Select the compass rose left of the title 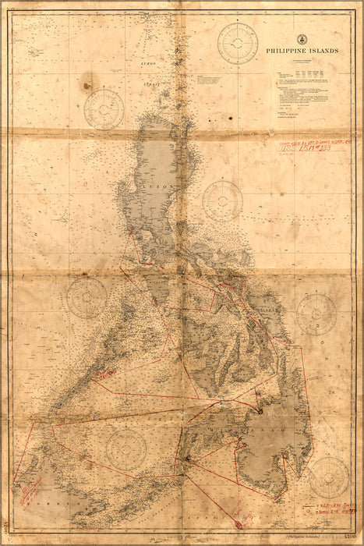pos(238,43)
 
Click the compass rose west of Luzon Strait pos(104,108)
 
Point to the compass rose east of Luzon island pos(222,201)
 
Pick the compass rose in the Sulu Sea pos(126,448)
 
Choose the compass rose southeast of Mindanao pos(328,477)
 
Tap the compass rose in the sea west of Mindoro pos(87,298)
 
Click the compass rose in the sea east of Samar pos(316,314)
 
